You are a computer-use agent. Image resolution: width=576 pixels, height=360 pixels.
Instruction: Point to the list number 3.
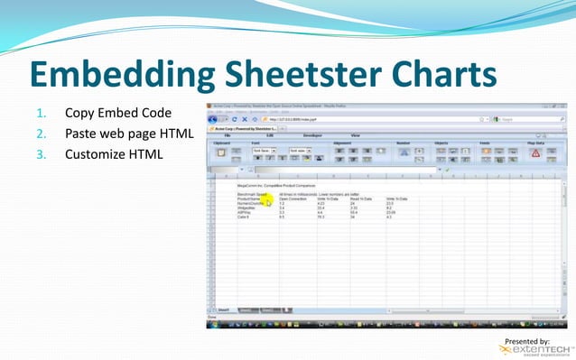coord(40,154)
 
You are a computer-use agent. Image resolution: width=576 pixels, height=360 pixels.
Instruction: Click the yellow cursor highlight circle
coord(268,202)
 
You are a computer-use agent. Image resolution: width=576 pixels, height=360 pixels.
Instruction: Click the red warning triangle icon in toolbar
coord(534,153)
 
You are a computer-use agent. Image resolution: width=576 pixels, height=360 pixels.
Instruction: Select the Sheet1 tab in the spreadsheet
coord(223,309)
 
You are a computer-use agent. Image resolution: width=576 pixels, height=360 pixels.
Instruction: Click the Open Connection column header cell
coord(295,198)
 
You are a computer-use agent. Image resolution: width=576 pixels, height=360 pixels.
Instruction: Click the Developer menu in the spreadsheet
coord(311,135)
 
